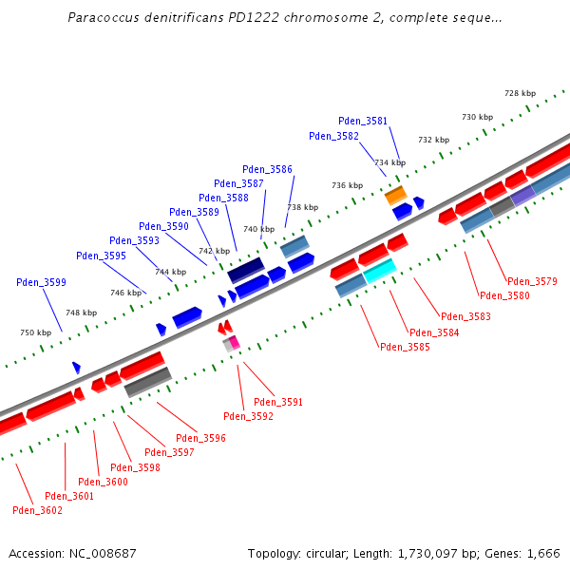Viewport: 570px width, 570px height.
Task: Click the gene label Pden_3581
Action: [x=363, y=121]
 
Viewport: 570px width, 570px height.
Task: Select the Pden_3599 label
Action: [x=41, y=282]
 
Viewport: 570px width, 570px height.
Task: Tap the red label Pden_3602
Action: [x=37, y=510]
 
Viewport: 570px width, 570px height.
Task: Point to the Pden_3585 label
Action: [x=405, y=347]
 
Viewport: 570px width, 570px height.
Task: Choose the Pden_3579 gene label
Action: [x=532, y=281]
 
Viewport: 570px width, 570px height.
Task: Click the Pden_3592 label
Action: [x=248, y=416]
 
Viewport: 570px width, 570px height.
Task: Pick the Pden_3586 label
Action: [x=267, y=169]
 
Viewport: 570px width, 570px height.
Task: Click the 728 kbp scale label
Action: [x=520, y=93]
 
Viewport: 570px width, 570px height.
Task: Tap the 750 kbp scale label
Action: [x=35, y=332]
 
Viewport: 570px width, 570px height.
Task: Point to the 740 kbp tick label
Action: [x=257, y=229]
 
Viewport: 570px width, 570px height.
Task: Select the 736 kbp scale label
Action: [x=347, y=185]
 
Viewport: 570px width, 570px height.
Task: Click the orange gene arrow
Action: [x=395, y=196]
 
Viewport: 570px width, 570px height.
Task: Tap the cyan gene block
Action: [x=380, y=271]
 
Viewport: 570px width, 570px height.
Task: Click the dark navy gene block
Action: [x=245, y=269]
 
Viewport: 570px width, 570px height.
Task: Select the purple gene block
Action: [x=523, y=195]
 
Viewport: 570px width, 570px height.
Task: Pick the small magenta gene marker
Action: [x=234, y=341]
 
